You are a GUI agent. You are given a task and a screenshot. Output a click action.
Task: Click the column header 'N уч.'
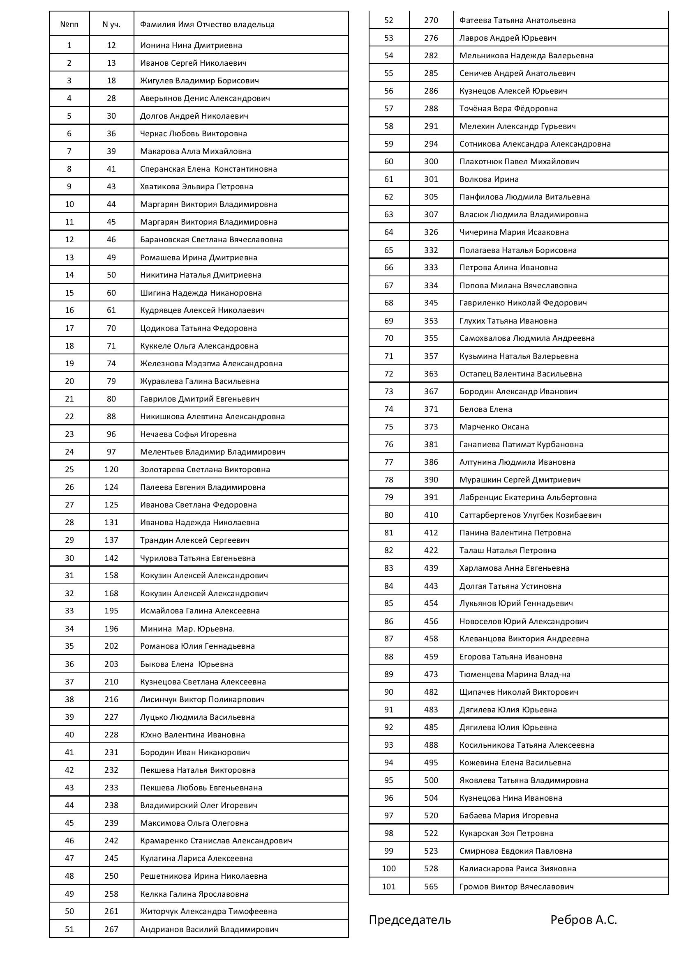[x=111, y=24]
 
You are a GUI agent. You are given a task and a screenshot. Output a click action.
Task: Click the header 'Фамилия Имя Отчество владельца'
[x=207, y=24]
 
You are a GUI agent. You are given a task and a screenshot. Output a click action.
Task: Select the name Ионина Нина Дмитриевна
[x=191, y=45]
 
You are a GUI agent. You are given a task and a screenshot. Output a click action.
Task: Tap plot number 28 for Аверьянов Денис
[x=111, y=98]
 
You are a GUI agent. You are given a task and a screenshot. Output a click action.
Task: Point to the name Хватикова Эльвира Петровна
[x=196, y=186]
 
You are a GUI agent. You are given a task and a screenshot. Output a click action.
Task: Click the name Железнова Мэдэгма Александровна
[x=211, y=363]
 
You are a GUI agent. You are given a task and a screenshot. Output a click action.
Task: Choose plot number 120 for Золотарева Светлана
[x=111, y=469]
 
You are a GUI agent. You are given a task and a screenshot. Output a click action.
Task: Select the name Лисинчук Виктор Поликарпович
[x=202, y=699]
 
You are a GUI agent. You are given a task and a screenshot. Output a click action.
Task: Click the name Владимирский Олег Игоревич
[x=199, y=805]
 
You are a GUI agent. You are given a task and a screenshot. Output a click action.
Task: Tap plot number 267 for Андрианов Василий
[x=111, y=929]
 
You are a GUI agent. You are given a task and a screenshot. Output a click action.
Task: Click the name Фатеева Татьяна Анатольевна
[x=517, y=20]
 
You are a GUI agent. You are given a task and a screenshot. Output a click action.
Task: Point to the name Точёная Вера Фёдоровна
[x=508, y=109]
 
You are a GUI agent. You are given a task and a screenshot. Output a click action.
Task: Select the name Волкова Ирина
[x=489, y=179]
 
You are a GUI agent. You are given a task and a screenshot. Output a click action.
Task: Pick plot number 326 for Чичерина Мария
[x=431, y=232]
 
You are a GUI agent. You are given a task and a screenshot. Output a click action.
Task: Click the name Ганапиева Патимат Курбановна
[x=521, y=444]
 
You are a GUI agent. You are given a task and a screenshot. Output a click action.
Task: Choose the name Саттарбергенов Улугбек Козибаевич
[x=530, y=515]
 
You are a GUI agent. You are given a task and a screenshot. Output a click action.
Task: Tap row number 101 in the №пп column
[x=388, y=887]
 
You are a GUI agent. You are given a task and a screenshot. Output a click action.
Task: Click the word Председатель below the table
[x=410, y=920]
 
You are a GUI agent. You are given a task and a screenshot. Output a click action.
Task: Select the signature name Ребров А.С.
[x=584, y=920]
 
